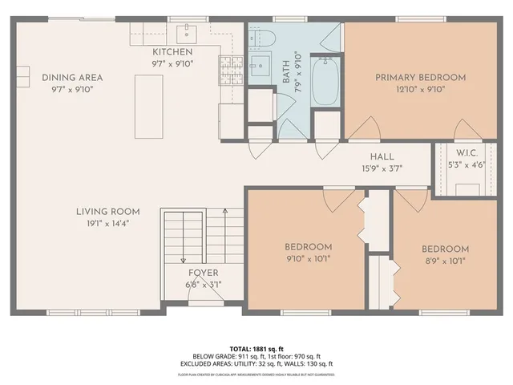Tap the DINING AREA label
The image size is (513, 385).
pyautogui.click(x=72, y=78)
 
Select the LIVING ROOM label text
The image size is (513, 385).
pyautogui.click(x=107, y=212)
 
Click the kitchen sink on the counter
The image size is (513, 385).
pyautogui.click(x=187, y=32)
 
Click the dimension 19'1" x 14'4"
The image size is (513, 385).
pyautogui.click(x=107, y=224)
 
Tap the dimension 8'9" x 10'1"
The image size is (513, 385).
pyautogui.click(x=445, y=260)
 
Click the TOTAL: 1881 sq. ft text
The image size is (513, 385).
pyautogui.click(x=256, y=349)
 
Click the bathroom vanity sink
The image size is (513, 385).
pyautogui.click(x=258, y=67)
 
